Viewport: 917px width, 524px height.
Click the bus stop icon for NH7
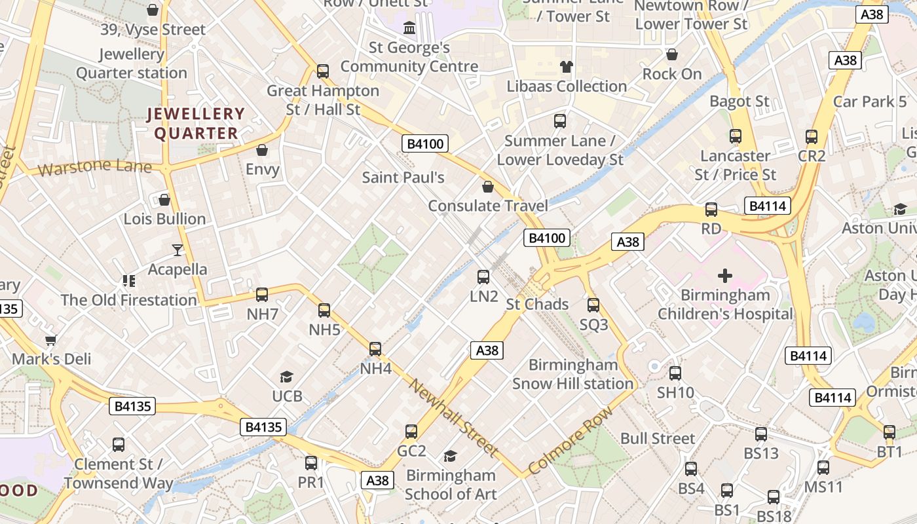pos(262,295)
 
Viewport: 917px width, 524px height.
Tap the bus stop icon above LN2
pos(483,277)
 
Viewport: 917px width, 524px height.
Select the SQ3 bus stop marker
pos(593,305)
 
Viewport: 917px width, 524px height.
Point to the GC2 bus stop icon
pos(411,432)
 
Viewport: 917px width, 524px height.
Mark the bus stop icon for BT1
pos(889,432)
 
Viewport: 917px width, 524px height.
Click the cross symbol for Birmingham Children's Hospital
pos(725,276)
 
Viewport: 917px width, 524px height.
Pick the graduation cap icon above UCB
pos(287,377)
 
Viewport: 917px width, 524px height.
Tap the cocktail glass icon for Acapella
pos(178,250)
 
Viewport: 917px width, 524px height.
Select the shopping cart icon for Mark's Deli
pos(51,340)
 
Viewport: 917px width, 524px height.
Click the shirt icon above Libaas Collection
pos(567,66)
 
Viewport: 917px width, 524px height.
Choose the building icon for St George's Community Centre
pos(409,28)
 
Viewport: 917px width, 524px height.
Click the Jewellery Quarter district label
pos(196,123)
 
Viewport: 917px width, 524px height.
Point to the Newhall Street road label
pos(453,417)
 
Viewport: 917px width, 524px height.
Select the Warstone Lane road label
pos(95,168)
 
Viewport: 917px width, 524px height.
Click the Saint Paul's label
pos(403,177)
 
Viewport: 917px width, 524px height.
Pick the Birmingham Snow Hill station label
pos(573,374)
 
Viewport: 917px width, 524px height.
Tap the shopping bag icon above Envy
pos(262,151)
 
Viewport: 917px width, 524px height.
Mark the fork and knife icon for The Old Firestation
pos(129,281)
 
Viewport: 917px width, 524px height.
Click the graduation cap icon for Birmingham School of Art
pos(450,456)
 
